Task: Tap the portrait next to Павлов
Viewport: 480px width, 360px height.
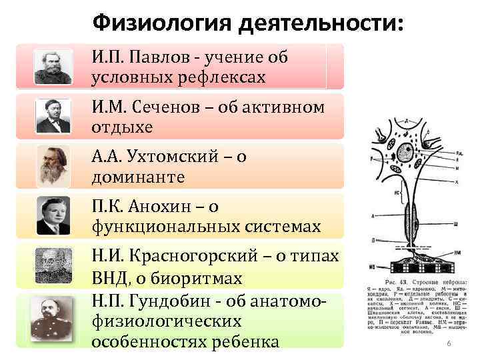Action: (x=53, y=67)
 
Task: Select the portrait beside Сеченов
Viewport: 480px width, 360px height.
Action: (x=53, y=116)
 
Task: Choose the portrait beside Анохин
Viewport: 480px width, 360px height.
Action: (x=53, y=215)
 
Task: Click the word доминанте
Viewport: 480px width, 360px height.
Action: (x=138, y=178)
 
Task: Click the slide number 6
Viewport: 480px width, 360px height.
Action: (x=449, y=343)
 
